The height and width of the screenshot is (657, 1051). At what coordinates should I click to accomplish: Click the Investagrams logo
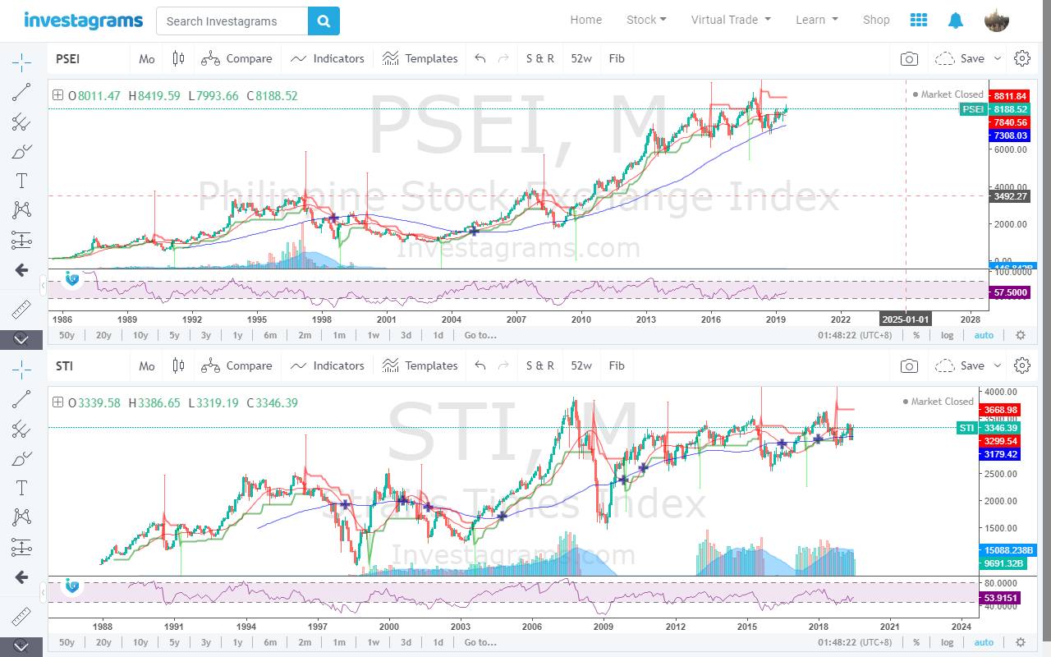tap(83, 21)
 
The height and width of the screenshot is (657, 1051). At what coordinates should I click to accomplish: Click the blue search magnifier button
tap(324, 21)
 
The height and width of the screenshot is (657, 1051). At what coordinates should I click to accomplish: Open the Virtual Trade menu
tap(731, 20)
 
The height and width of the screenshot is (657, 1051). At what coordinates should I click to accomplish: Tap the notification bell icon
tap(956, 21)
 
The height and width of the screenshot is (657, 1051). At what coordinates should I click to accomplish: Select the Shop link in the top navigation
tap(876, 20)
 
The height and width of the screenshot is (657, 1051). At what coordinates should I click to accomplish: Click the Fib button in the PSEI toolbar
tap(617, 58)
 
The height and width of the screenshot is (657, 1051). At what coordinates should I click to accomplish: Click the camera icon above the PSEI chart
tap(909, 58)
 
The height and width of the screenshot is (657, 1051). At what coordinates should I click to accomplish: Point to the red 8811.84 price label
tap(1009, 96)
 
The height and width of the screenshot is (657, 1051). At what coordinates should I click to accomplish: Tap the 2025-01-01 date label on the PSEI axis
tap(905, 319)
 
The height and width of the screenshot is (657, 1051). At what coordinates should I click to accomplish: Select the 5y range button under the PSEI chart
tap(174, 335)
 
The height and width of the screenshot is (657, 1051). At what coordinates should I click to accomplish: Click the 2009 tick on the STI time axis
tap(604, 626)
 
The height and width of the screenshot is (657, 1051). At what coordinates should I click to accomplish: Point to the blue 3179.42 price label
tap(999, 454)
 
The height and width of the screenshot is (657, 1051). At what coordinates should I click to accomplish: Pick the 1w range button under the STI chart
tap(373, 642)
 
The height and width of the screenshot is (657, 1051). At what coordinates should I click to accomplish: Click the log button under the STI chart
tap(947, 642)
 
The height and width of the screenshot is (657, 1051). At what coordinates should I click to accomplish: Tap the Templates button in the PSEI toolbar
tap(420, 58)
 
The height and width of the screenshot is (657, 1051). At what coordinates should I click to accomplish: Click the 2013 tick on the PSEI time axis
tap(646, 319)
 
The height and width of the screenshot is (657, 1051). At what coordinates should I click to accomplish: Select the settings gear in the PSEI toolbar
tap(1022, 58)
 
